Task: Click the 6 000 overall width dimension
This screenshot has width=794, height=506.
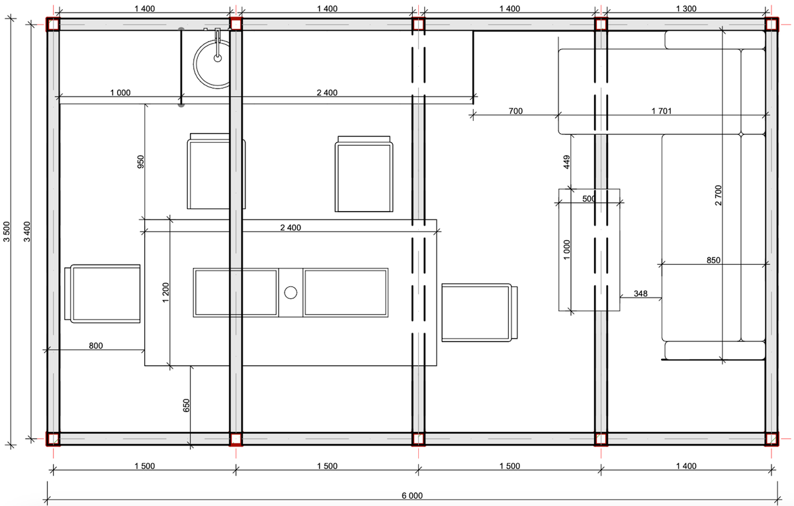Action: (x=412, y=495)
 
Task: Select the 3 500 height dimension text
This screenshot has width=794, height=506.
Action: (x=7, y=232)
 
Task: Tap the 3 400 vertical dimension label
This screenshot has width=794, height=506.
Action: (x=27, y=232)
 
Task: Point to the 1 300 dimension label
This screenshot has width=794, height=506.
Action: (x=686, y=9)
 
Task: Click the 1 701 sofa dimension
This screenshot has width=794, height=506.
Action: (x=662, y=111)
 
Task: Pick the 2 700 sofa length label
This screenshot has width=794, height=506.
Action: (x=718, y=195)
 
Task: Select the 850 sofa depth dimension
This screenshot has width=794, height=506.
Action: (x=713, y=260)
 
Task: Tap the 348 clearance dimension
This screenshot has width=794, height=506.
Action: (x=640, y=294)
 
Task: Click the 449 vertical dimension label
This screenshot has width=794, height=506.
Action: (x=566, y=162)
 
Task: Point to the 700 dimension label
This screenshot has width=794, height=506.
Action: (x=515, y=111)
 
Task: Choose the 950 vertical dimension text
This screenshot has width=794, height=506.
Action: (x=141, y=161)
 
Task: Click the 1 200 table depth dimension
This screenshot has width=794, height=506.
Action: (x=165, y=292)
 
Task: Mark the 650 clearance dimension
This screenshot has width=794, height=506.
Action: (x=186, y=405)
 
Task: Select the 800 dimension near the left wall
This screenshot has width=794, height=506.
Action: (x=96, y=345)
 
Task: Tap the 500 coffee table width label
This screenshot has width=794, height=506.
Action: (x=589, y=199)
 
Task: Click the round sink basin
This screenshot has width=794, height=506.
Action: (x=212, y=64)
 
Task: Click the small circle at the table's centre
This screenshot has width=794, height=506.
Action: (x=290, y=292)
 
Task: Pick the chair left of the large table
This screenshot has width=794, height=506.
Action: (x=103, y=294)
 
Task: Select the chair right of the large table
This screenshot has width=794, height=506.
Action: (x=479, y=312)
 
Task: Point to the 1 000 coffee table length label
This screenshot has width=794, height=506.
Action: (x=566, y=250)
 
